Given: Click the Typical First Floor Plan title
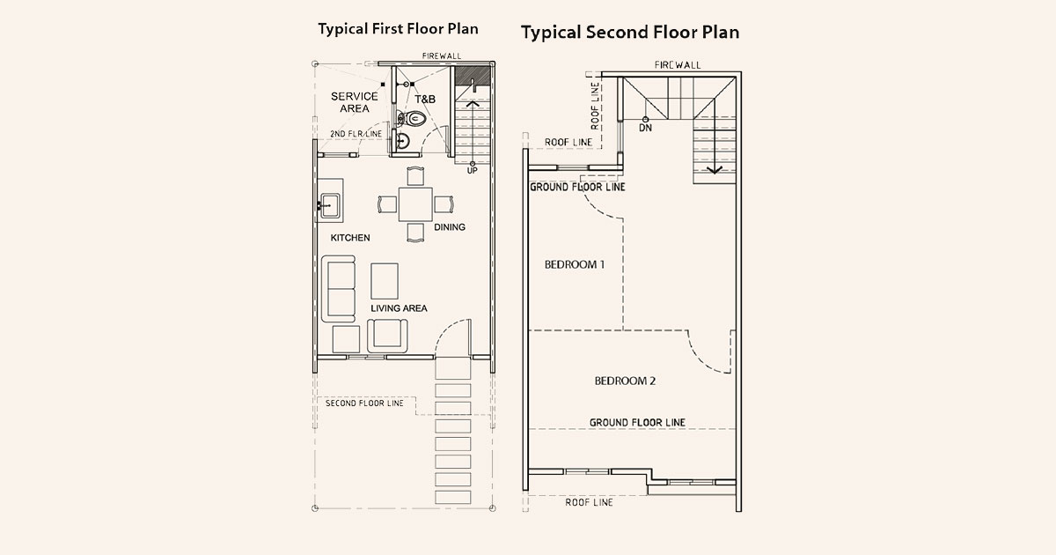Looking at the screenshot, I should coord(398,29).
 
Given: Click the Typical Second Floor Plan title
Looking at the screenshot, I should coord(629,33).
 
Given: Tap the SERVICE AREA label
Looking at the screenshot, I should coord(354,102).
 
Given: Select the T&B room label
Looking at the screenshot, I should coord(425,100).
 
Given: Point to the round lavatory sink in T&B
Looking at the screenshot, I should coord(403,141).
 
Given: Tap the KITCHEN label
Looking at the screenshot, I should coord(350,239).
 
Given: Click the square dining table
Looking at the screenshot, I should coord(414,205).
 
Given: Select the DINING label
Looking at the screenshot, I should coord(449,227).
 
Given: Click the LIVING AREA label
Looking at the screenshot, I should coord(399,308).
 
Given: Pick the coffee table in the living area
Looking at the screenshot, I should coord(385,280).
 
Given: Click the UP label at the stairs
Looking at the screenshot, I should coord(473,170).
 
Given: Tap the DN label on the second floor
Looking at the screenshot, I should coord(645,128).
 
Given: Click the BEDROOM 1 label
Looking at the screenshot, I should coord(574,264).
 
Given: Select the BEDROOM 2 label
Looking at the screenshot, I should coord(625,381).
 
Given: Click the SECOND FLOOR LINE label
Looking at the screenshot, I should coord(364,403).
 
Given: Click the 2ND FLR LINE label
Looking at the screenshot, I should coord(356,134).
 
